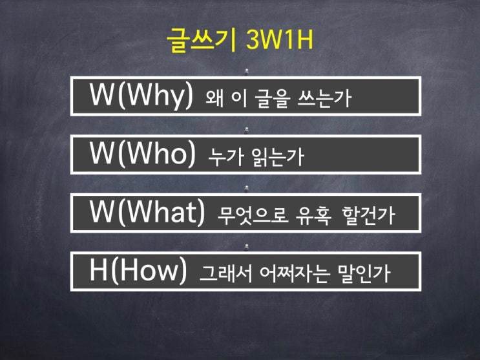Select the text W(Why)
tap(141, 96)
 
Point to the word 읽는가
tap(274, 158)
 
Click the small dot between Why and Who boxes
tap(246, 129)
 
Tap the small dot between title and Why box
tap(246, 70)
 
